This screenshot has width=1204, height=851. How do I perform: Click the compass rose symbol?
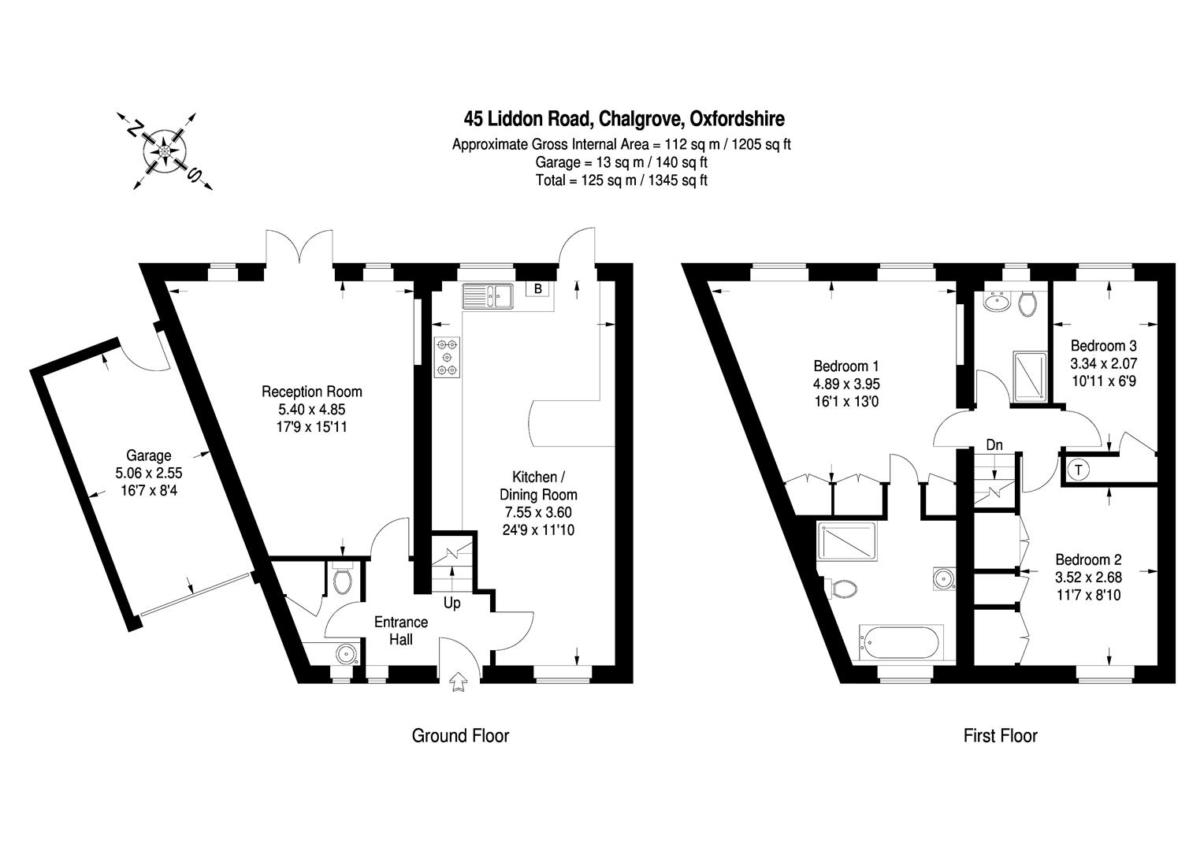pos(165,151)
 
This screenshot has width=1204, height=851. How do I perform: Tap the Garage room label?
pos(148,455)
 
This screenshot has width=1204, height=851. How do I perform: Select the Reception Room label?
pos(312,392)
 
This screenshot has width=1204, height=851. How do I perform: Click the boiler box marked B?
pos(537,288)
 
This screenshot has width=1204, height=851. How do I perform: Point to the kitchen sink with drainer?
pos(488,296)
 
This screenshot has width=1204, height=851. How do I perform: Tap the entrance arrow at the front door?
pos(458,681)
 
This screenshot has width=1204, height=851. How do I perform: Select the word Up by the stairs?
pos(452,603)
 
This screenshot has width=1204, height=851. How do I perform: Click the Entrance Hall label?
pos(401,630)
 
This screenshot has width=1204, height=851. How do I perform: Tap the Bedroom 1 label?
pos(846,366)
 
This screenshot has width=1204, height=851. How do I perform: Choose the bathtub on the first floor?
pos(901,642)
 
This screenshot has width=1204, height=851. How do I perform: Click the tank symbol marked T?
pos(1078,470)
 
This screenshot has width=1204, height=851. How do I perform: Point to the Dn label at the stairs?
pos(994,445)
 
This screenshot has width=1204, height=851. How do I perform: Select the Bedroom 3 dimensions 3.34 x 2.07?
pos(1103,363)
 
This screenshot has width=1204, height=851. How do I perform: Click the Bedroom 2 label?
pos(1088,559)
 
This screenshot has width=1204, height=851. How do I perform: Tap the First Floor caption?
pos(1000,735)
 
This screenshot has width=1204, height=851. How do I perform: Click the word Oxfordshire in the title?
pos(737,119)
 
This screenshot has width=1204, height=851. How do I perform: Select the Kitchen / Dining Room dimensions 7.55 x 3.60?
pos(538,512)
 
